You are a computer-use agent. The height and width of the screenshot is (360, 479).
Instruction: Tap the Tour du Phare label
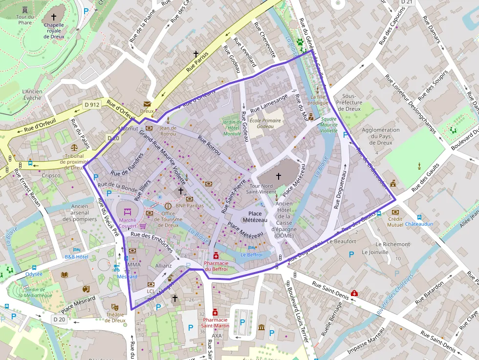click(x=25, y=20)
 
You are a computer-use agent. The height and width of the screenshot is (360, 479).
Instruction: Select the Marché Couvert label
click(x=128, y=223)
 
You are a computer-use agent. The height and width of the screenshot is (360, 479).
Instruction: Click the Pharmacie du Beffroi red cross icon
click(x=216, y=255)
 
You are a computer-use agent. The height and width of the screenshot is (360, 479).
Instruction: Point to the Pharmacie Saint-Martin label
click(x=215, y=323)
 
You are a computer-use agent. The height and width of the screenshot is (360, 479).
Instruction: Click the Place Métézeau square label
click(x=255, y=217)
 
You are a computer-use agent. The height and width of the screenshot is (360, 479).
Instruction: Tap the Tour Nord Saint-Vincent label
click(x=261, y=189)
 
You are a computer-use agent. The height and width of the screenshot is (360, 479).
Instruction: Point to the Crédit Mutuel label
click(x=395, y=222)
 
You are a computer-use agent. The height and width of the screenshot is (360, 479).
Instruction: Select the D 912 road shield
click(x=91, y=105)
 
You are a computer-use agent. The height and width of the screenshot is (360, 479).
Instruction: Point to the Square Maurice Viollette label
click(x=328, y=125)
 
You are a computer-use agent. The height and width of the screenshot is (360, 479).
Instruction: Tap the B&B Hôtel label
click(x=76, y=256)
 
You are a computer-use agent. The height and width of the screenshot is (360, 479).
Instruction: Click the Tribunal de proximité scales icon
click(x=74, y=147)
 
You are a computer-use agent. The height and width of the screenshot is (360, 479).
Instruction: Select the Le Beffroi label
click(x=251, y=254)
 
